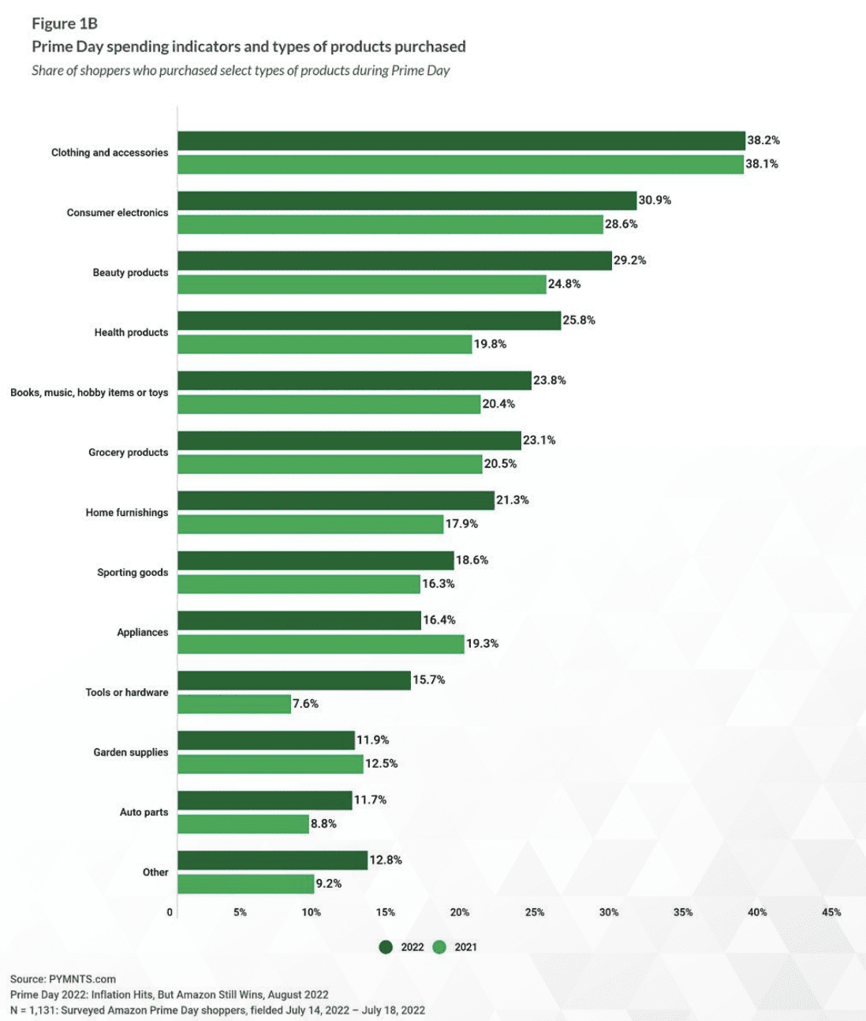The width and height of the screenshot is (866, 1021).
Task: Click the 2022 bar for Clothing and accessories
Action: point(461,140)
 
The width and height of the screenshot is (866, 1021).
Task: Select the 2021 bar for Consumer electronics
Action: point(390,224)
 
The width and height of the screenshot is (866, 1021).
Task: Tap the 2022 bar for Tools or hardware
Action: point(294,680)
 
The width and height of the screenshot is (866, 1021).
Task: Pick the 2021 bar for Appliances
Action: point(321,644)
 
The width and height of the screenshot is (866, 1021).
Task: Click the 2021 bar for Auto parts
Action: point(243,824)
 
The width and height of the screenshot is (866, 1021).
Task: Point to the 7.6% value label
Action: point(305,704)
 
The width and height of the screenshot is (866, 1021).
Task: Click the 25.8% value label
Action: point(579,320)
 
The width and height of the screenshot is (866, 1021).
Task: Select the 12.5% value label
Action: point(382,764)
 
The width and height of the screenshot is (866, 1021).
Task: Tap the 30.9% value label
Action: point(655,200)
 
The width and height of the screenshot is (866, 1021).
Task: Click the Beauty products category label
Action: point(130,272)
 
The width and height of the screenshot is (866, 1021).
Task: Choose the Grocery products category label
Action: point(128,452)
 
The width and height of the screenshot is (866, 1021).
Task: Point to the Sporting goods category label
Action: point(133,572)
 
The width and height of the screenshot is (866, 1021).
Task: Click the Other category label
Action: point(155,872)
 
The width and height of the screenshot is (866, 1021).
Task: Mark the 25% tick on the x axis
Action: point(534,912)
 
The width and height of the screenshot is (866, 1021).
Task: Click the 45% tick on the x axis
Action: point(831,912)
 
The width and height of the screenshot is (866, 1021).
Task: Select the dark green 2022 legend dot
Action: point(386,947)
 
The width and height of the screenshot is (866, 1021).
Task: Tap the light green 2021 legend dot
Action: point(439,947)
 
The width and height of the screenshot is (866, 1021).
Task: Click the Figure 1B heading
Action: point(65,24)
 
